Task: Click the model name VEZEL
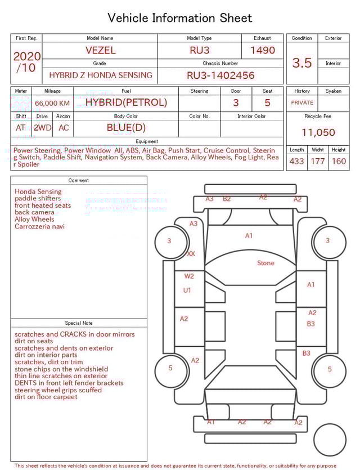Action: pyautogui.click(x=100, y=50)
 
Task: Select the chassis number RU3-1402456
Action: pyautogui.click(x=220, y=75)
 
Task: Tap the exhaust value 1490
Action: pyautogui.click(x=263, y=50)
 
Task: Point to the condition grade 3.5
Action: pyautogui.click(x=302, y=62)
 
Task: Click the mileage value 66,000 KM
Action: pyautogui.click(x=52, y=103)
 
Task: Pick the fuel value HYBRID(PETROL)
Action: pyautogui.click(x=126, y=102)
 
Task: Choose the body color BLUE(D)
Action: pyautogui.click(x=126, y=127)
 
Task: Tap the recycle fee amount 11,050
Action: pyautogui.click(x=318, y=132)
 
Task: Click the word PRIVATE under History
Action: pyautogui.click(x=302, y=102)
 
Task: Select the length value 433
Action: pyautogui.click(x=297, y=161)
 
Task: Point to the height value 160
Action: pyautogui.click(x=339, y=161)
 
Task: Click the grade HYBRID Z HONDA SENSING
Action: pyautogui.click(x=100, y=75)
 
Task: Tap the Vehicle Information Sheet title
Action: pyautogui.click(x=180, y=18)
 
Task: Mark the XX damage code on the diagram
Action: pyautogui.click(x=191, y=254)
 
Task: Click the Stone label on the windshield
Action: pyautogui.click(x=265, y=263)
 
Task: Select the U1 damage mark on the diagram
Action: pyautogui.click(x=187, y=290)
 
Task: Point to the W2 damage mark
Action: pyautogui.click(x=189, y=276)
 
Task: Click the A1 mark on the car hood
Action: pyautogui.click(x=249, y=236)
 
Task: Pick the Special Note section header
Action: pyautogui.click(x=79, y=323)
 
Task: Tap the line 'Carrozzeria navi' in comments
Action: pyautogui.click(x=39, y=226)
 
